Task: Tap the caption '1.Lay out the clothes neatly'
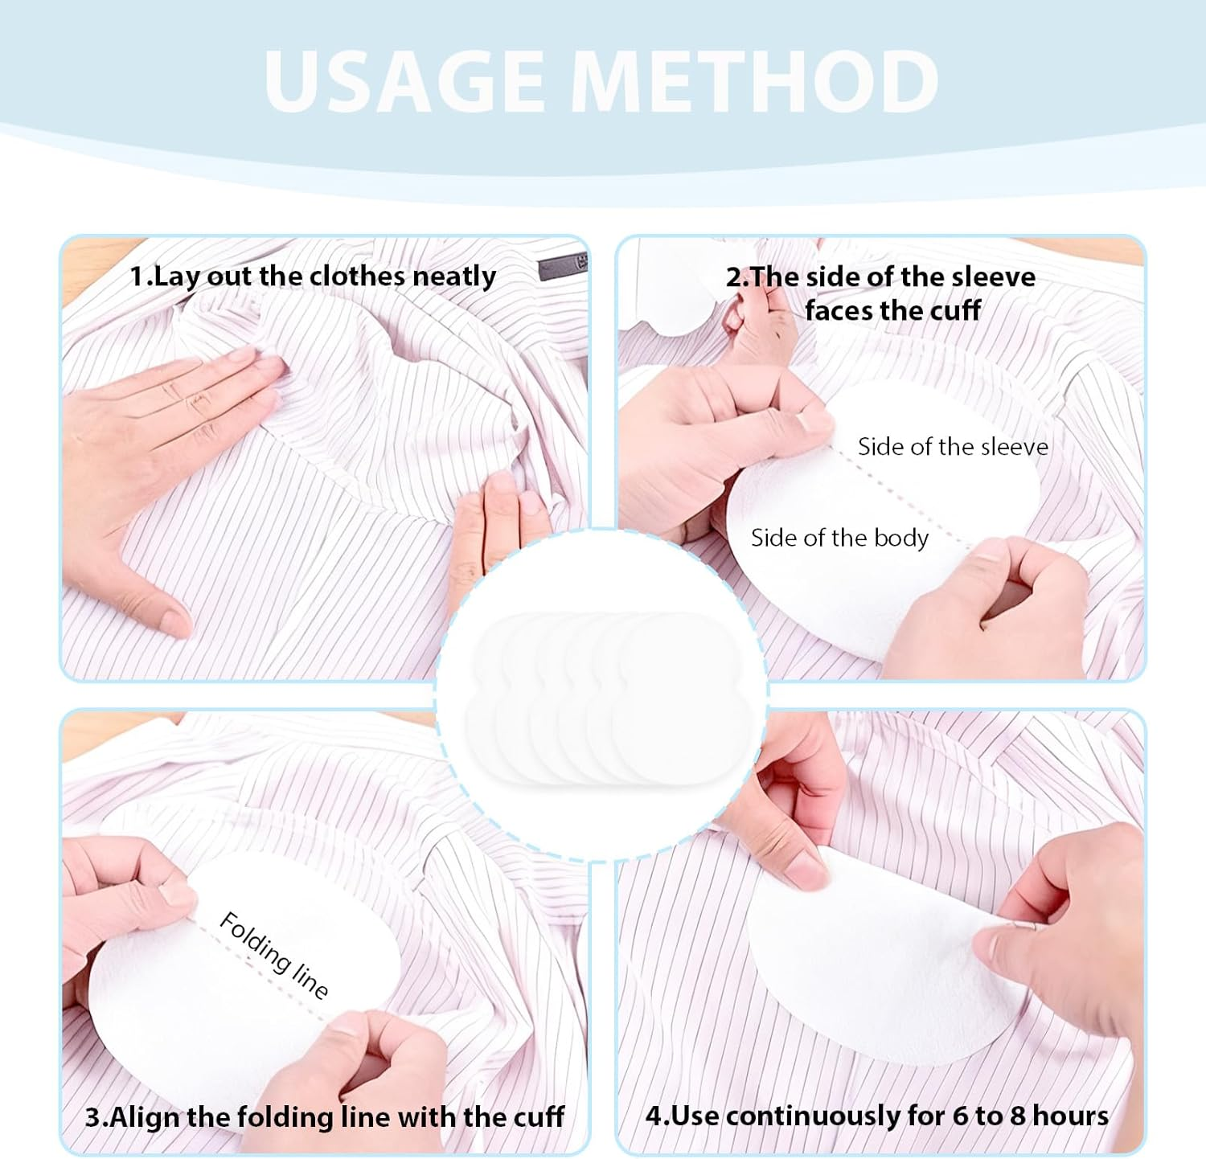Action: point(313,276)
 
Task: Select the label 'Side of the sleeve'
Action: point(953,447)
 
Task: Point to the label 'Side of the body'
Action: point(839,538)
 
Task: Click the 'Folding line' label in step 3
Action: point(274,955)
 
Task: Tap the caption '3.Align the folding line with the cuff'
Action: point(325,1116)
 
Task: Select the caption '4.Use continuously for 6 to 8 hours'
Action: point(877,1116)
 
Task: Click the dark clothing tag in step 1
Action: point(564,265)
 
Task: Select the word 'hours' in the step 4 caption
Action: point(1070,1116)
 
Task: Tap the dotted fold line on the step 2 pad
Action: point(900,498)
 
